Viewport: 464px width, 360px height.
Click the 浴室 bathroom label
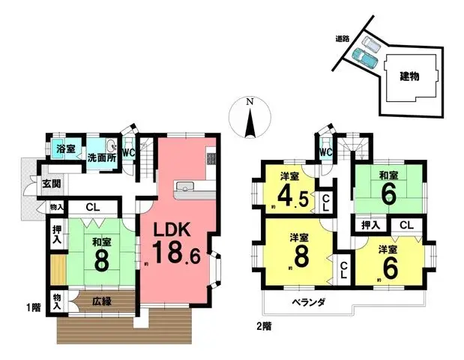pyautogui.click(x=64, y=149)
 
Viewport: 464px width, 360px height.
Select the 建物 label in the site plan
pyautogui.click(x=409, y=76)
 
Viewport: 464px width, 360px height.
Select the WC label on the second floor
pyautogui.click(x=325, y=152)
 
